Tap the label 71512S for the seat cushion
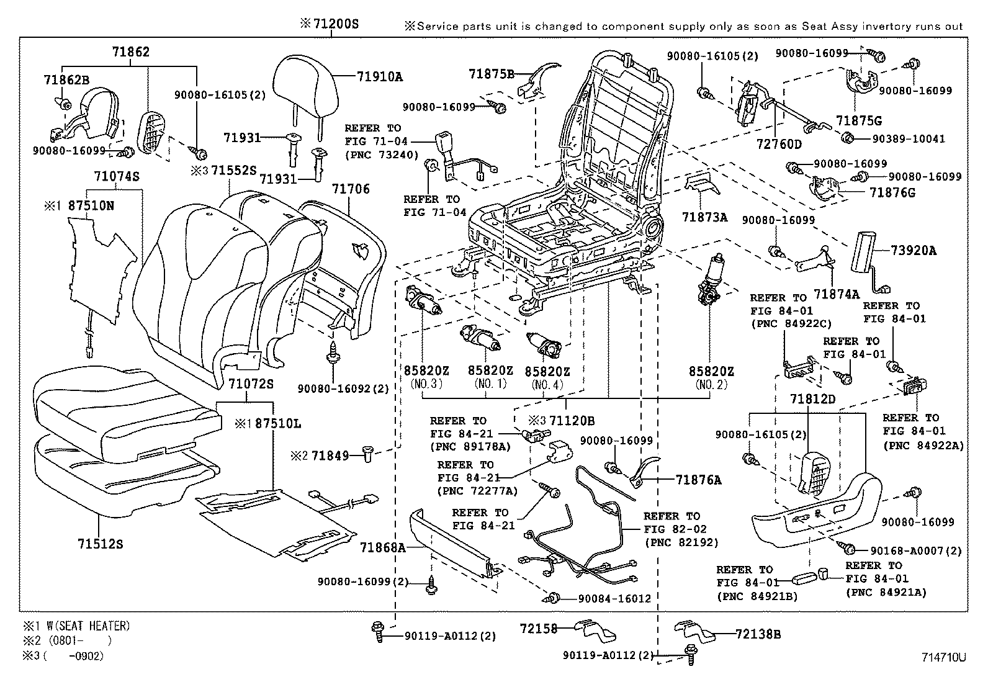pyautogui.click(x=101, y=544)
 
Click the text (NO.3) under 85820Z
pyautogui.click(x=426, y=384)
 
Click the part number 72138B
pyautogui.click(x=758, y=634)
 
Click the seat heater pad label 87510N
pyautogui.click(x=91, y=205)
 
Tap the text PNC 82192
pyautogui.click(x=681, y=542)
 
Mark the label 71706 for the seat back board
pyautogui.click(x=350, y=189)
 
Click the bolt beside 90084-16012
pyautogui.click(x=554, y=598)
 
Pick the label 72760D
pyautogui.click(x=779, y=144)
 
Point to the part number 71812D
pyautogui.click(x=812, y=398)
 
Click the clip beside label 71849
pyautogui.click(x=366, y=456)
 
